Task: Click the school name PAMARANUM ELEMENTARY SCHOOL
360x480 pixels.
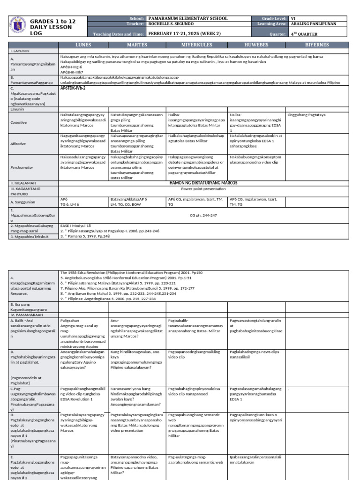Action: coord(187,18)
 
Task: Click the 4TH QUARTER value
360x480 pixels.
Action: coord(305,34)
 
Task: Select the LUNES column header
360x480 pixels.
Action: coord(83,45)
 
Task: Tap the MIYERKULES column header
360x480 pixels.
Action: coord(196,45)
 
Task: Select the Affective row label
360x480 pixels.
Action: coord(18,143)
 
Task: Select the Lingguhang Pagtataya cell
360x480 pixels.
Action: coord(307,114)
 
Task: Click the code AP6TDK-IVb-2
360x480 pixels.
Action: coord(73,88)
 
